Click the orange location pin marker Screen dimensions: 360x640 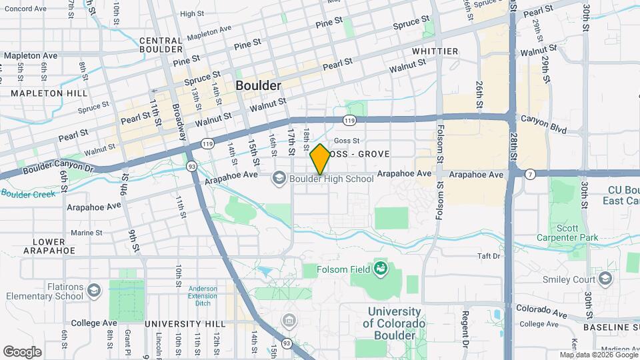(x=320, y=159)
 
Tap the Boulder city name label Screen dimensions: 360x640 (x=258, y=86)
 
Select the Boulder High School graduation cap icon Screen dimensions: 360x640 (x=279, y=178)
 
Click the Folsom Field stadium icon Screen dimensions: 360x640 (x=381, y=268)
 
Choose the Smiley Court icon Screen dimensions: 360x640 (x=605, y=279)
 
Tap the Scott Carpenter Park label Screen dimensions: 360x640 (x=567, y=233)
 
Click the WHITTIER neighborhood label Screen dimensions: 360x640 (x=435, y=51)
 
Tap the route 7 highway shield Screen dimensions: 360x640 (x=530, y=174)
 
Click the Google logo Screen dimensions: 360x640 (x=23, y=351)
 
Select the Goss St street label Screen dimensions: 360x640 (x=347, y=141)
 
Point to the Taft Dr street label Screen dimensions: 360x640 (x=488, y=255)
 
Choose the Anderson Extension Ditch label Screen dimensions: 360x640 (x=202, y=295)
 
